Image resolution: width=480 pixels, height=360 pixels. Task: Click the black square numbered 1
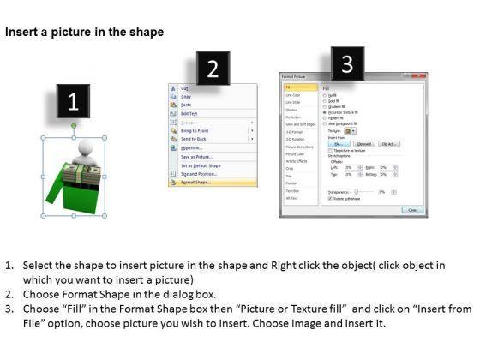point(74,102)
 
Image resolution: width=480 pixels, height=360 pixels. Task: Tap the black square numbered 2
point(213,69)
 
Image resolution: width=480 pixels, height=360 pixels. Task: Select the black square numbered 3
point(347,63)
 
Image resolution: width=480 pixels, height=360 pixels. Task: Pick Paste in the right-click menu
point(185,105)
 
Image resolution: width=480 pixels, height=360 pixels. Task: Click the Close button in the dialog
point(413,209)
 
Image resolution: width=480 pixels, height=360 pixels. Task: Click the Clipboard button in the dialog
point(364,144)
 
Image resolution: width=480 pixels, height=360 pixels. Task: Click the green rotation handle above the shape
point(74,126)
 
